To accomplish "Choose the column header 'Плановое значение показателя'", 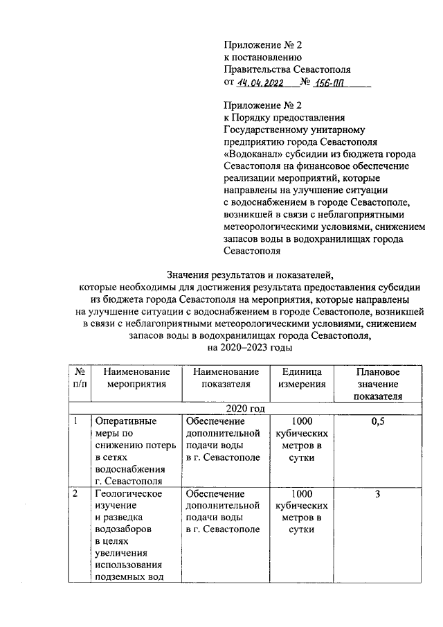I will [377, 385].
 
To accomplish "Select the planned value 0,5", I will [377, 422].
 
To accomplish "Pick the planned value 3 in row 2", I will [377, 494].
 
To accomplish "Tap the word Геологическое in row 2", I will [128, 494].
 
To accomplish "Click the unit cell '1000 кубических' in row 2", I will [302, 500].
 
